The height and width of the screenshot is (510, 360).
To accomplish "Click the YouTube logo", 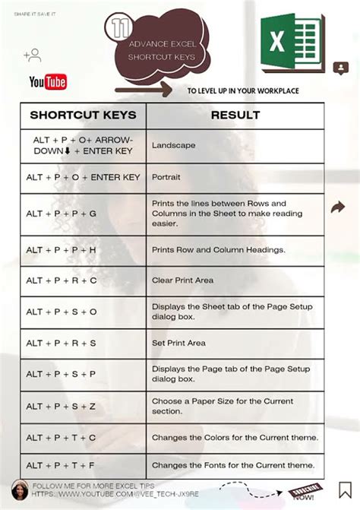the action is [x=47, y=81].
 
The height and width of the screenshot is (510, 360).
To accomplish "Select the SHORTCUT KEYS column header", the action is [x=83, y=116].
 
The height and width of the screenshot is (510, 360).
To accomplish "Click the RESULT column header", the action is [x=235, y=116].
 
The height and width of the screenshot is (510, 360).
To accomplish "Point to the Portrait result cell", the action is [x=166, y=177].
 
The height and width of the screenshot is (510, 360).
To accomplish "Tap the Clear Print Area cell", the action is [x=182, y=280].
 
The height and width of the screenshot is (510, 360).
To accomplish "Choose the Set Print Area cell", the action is [x=178, y=343].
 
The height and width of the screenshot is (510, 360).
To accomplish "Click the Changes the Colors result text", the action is [x=235, y=437].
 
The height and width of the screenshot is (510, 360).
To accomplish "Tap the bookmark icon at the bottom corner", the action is [x=344, y=490].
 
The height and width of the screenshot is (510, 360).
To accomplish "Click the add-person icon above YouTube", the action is [x=32, y=55].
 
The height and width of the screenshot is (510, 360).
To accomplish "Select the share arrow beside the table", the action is [x=338, y=207].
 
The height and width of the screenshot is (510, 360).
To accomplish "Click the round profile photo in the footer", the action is [x=21, y=489].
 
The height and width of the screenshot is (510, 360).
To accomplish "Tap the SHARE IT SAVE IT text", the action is [x=31, y=12].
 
